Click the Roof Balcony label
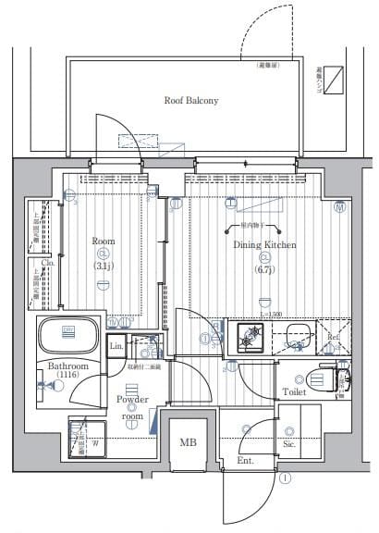tap(190, 100)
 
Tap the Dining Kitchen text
tap(263, 244)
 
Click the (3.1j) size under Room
tap(103, 266)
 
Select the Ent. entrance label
tap(245, 460)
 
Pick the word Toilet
tap(295, 391)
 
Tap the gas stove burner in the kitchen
tap(250, 340)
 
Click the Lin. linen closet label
tap(116, 347)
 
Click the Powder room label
tap(132, 407)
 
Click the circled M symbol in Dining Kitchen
tap(339, 208)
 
